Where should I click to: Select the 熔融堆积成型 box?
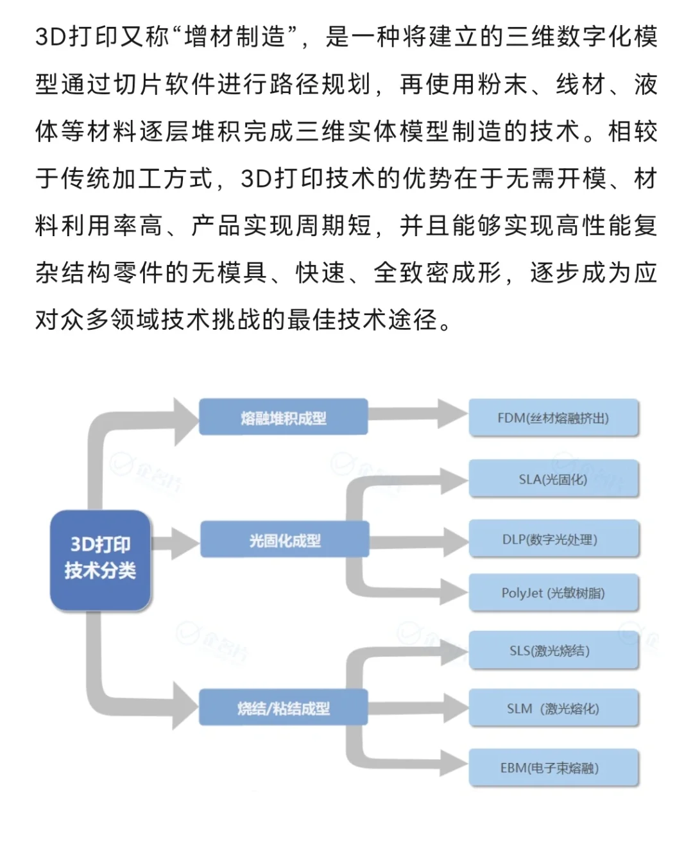point(283,418)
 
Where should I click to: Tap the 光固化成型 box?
point(284,540)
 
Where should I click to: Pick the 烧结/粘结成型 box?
point(283,708)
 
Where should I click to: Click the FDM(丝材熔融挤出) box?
point(554,418)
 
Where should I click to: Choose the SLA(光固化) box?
point(554,479)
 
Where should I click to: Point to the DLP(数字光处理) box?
point(554,539)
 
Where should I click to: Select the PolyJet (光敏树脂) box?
point(554,592)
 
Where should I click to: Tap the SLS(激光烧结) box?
point(554,651)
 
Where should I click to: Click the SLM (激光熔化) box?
point(554,709)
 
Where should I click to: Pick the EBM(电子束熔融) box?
point(554,768)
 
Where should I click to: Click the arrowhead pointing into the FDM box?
point(453,414)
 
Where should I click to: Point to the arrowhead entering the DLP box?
point(454,540)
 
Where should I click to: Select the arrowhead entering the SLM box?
point(454,709)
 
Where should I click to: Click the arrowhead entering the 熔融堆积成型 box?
point(186,420)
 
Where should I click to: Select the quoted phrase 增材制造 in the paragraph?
point(234,37)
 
